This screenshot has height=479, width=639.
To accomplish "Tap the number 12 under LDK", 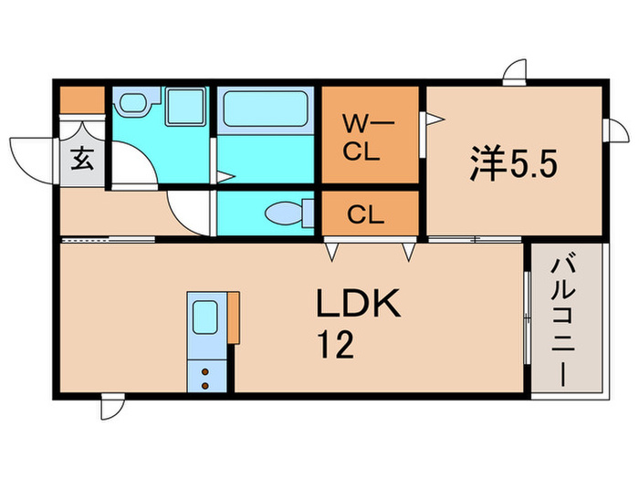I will [335, 344].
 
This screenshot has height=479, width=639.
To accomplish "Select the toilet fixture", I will [286, 213].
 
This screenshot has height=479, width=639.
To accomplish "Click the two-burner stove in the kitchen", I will [205, 375].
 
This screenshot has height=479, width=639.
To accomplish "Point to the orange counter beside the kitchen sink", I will [234, 318].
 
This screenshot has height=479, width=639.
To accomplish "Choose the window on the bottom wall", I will [112, 404].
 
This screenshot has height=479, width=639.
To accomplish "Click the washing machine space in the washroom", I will [188, 109].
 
